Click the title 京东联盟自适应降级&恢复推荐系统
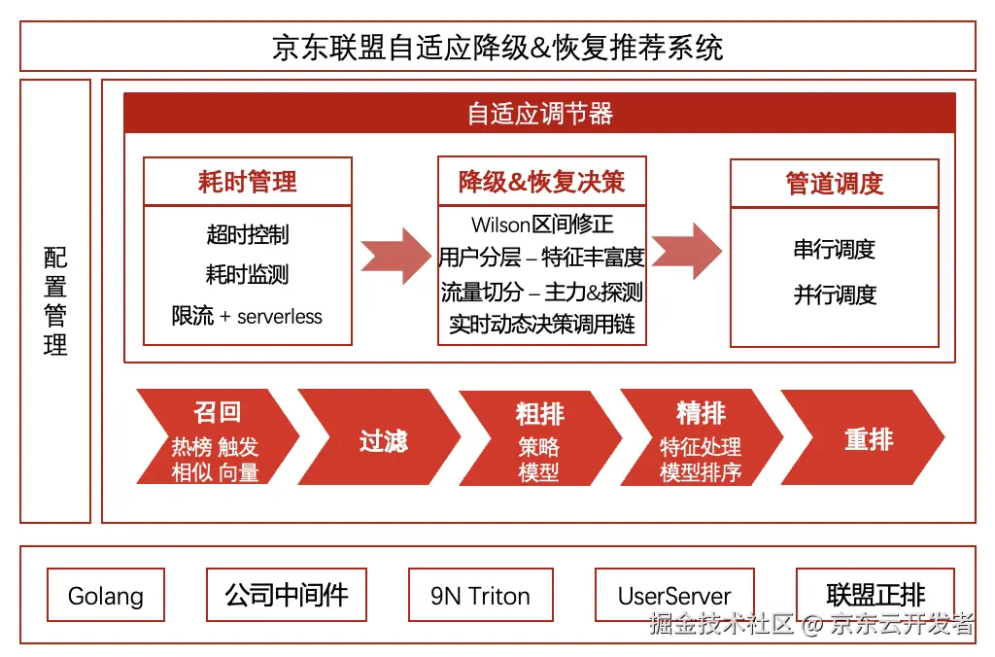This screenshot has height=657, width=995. (x=497, y=47)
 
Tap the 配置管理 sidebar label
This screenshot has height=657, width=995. (x=55, y=301)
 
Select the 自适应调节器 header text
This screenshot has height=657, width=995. (x=539, y=114)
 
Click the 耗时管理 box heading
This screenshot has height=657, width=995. (x=248, y=182)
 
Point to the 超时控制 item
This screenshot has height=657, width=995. (x=248, y=234)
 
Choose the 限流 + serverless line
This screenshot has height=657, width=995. (x=248, y=316)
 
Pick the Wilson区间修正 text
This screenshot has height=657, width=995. (x=542, y=225)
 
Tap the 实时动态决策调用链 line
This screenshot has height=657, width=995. (x=542, y=324)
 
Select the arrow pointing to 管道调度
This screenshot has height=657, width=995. (x=687, y=251)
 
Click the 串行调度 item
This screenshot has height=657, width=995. (x=835, y=250)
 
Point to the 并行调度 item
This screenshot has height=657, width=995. (x=835, y=294)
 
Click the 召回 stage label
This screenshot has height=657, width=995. (x=217, y=412)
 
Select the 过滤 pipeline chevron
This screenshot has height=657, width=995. (x=383, y=440)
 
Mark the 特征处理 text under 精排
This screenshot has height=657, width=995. (x=701, y=447)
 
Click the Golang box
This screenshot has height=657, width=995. (x=106, y=596)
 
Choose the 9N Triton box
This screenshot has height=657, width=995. (x=481, y=596)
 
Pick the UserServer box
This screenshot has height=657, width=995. (x=674, y=596)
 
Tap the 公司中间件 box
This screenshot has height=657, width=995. (x=287, y=595)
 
